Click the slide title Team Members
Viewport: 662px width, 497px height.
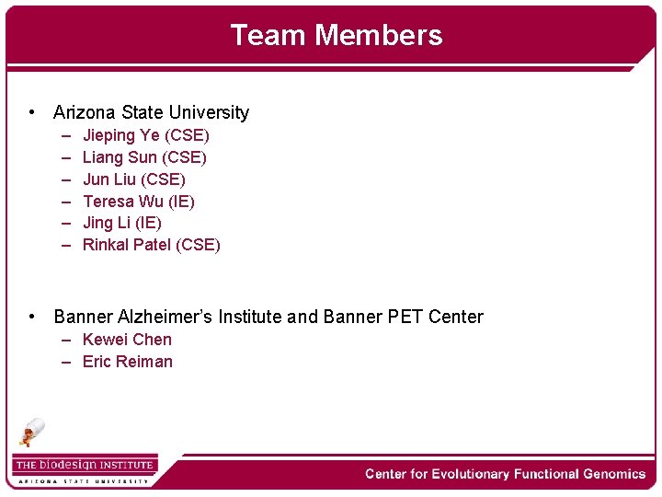pos(336,35)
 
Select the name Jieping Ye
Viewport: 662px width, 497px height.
pos(120,135)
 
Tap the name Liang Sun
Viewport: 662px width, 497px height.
pos(120,157)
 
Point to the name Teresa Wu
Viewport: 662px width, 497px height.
pos(120,202)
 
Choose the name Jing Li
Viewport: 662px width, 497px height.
pos(105,223)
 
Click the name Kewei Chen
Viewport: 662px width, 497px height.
pos(127,340)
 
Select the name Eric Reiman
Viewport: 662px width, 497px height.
pos(128,362)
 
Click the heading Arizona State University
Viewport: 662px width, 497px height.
pos(151,112)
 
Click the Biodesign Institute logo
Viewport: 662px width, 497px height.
pos(85,468)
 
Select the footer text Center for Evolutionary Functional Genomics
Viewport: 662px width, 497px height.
pos(505,474)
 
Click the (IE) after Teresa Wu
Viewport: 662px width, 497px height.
pos(181,202)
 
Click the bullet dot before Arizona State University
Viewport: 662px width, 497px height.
pos(32,112)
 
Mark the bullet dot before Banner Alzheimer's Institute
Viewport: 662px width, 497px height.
pos(32,317)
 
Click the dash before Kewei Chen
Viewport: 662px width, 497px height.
pos(68,340)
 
